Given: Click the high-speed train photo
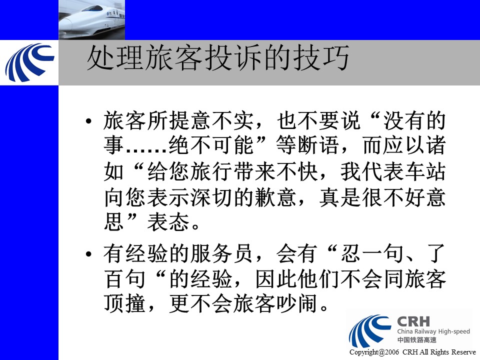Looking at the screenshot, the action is pyautogui.click(x=91, y=20).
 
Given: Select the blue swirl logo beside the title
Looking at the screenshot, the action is pyautogui.click(x=29, y=62).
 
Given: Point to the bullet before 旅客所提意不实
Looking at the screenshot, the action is pyautogui.click(x=89, y=121).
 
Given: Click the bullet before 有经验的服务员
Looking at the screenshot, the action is pyautogui.click(x=89, y=254).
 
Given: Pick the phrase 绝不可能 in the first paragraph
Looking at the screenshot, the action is pyautogui.click(x=211, y=145).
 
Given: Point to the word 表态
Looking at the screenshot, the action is pyautogui.click(x=168, y=222).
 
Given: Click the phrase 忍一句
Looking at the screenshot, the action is pyautogui.click(x=372, y=254).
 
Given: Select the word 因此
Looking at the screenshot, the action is pyautogui.click(x=276, y=278).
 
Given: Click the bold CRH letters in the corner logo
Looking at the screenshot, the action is pyautogui.click(x=413, y=321).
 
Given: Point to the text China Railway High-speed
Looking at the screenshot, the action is pyautogui.click(x=433, y=331).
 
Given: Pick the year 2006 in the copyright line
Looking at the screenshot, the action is pyautogui.click(x=392, y=352).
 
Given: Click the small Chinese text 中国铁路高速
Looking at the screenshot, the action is pyautogui.click(x=417, y=340).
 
